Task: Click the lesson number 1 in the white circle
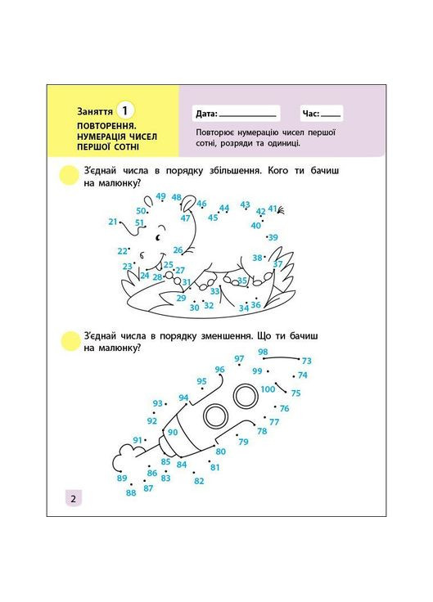point(124,111)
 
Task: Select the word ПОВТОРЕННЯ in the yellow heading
point(107,125)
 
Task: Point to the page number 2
point(74,499)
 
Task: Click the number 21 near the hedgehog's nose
point(113,222)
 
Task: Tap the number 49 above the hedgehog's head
point(160,196)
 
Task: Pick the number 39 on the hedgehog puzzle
point(273,238)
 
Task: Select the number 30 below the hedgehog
point(195,308)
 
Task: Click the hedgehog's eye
point(157,238)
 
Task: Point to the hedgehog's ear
point(188,203)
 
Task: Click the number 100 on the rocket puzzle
point(268,389)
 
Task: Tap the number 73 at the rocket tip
point(307,361)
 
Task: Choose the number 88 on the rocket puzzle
point(131,492)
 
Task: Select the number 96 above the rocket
point(219,370)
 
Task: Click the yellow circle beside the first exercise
point(70,175)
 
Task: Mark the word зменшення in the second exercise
point(226,336)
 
